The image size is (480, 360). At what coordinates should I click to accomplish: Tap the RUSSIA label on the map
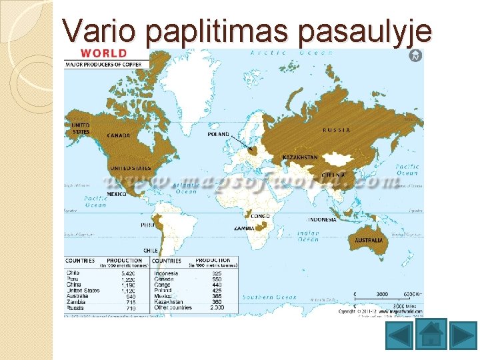(x=337, y=130)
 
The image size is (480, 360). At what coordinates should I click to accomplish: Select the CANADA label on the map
(x=119, y=135)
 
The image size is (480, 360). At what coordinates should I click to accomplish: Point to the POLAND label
(x=219, y=134)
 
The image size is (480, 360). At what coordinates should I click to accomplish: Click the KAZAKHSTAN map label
(x=301, y=157)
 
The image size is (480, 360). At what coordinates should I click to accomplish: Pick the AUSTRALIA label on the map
(x=369, y=240)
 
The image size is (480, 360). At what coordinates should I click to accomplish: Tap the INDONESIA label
(x=323, y=219)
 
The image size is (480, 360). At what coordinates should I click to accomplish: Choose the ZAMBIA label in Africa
(x=243, y=228)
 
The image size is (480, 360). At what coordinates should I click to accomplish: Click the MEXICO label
(x=117, y=194)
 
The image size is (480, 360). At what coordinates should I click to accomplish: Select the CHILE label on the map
(x=150, y=251)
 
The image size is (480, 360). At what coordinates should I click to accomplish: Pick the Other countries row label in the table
(x=173, y=308)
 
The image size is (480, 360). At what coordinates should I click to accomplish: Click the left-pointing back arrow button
(x=399, y=335)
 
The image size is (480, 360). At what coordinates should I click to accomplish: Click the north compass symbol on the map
(x=416, y=56)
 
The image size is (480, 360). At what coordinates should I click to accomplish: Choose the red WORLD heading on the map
(x=104, y=53)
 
